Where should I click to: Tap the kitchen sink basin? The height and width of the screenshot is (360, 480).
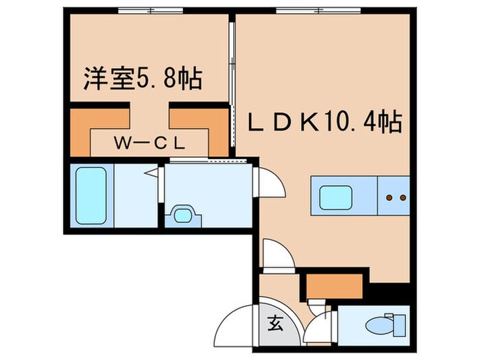coord(336,197)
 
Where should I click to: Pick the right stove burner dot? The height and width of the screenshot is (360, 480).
coord(401,197)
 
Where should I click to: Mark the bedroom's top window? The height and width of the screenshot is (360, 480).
coord(150,10)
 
